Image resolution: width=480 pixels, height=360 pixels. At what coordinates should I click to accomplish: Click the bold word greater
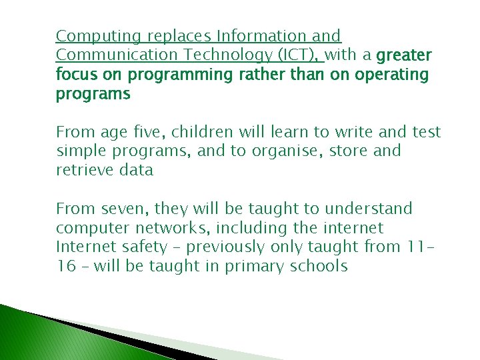(x=404, y=55)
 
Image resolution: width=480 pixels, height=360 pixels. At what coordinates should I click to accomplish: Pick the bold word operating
(x=391, y=75)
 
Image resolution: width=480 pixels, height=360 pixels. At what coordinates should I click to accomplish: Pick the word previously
(x=227, y=247)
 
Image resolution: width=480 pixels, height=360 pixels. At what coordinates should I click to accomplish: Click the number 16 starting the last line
(x=65, y=267)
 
